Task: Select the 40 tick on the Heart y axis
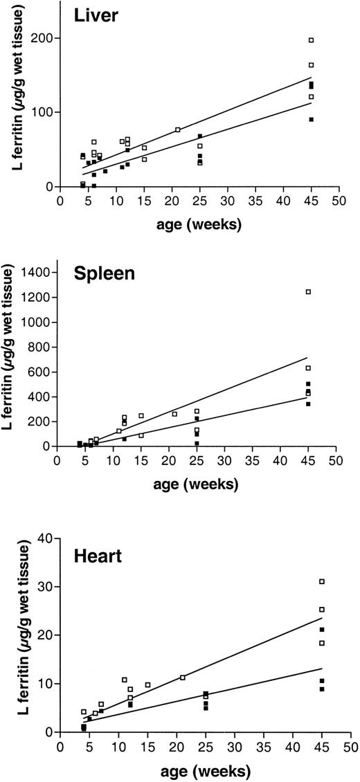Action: (48, 538)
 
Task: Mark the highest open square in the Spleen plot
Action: (308, 292)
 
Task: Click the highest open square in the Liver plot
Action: (312, 40)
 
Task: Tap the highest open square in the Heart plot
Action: (322, 581)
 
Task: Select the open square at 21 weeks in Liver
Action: (177, 129)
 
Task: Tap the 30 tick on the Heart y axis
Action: (48, 586)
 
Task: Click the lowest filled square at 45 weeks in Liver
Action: (312, 119)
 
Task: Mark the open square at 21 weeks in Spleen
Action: (174, 414)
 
